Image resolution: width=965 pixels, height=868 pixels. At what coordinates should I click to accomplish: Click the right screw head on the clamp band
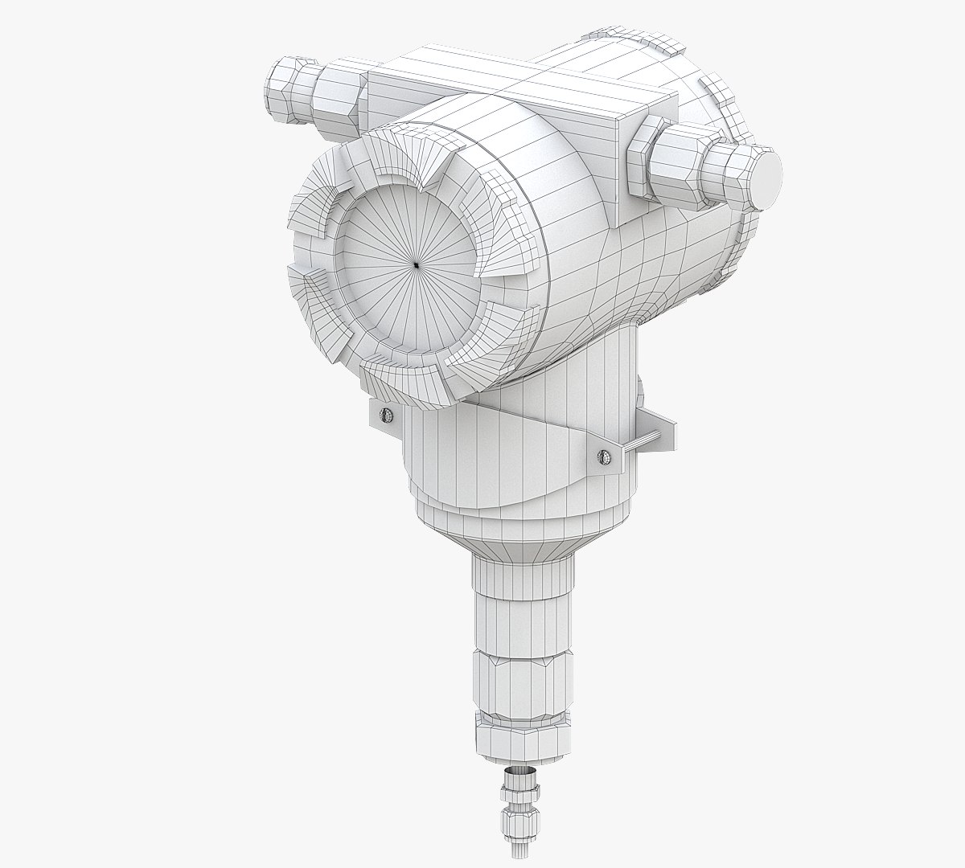(x=604, y=457)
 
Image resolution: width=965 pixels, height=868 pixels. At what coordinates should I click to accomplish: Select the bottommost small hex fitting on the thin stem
(x=515, y=845)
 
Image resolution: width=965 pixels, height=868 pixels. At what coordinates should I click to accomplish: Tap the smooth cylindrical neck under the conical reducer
(x=523, y=595)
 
